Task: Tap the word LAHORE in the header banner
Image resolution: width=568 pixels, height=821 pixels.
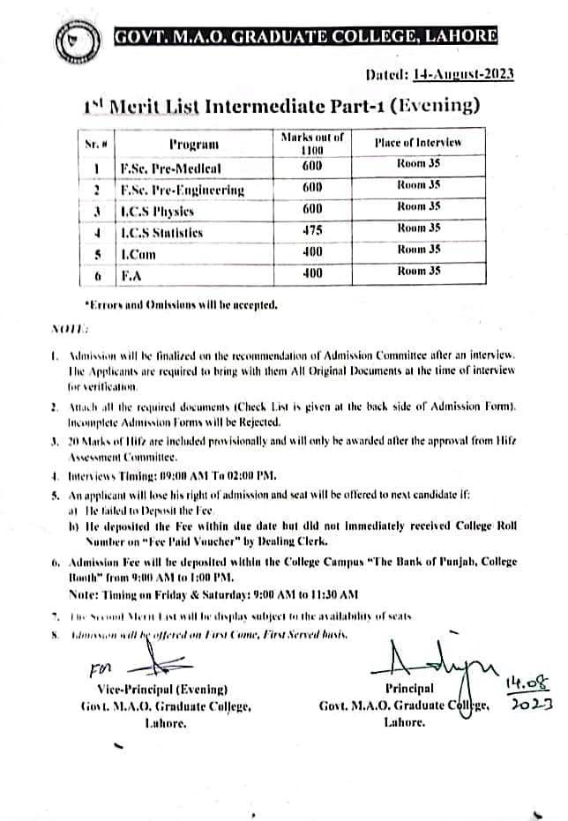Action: [x=458, y=36]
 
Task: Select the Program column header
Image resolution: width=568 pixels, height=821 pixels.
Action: [x=193, y=145]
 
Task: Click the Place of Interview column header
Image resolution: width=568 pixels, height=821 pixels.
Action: [x=417, y=142]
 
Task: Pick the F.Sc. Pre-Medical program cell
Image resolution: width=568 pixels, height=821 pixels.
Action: [x=170, y=167]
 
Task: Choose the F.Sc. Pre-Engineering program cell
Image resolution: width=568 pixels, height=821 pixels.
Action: [x=182, y=189]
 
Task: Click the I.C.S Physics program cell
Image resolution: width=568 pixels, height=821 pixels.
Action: [x=157, y=211]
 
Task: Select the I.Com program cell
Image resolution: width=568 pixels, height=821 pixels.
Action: [x=140, y=253]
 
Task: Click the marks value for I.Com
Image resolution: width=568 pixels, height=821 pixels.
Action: [x=312, y=252]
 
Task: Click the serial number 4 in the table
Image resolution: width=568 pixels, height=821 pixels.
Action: [x=97, y=233]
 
